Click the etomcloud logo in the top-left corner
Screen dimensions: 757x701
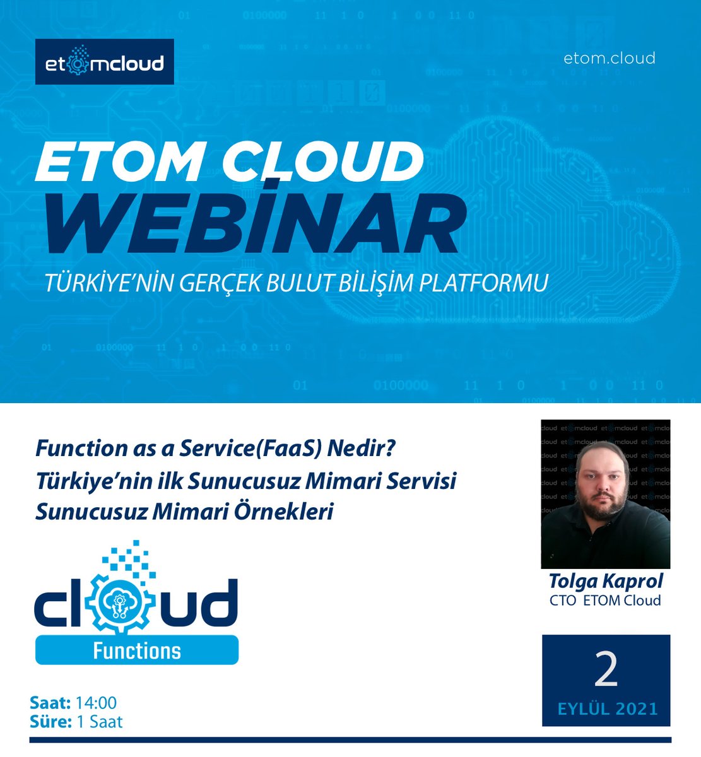tap(104, 62)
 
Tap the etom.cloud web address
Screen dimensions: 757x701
tap(609, 58)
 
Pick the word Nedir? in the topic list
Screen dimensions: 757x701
tap(362, 449)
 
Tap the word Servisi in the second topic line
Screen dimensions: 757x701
tap(420, 481)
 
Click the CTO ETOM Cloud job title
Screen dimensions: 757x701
tap(605, 600)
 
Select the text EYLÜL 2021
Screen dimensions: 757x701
tap(607, 708)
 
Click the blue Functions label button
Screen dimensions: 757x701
tap(137, 650)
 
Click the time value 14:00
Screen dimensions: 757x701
tap(96, 703)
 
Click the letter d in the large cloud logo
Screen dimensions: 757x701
tap(218, 603)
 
